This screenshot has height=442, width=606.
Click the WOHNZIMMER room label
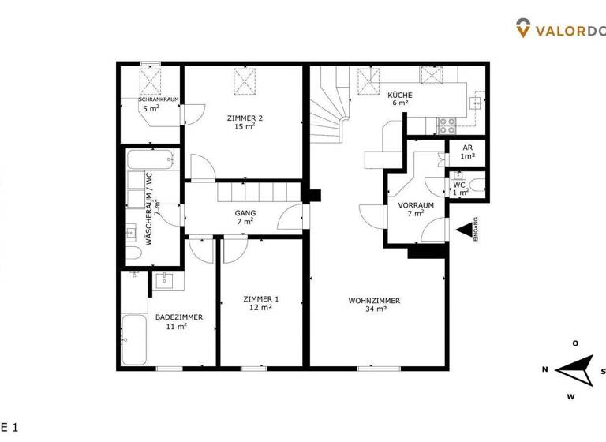(x=374, y=301)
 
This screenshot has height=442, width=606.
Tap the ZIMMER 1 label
(x=260, y=299)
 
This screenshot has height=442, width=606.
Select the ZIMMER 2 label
(x=244, y=118)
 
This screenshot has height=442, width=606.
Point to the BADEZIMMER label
(x=179, y=317)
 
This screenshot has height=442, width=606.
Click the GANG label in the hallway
(x=245, y=213)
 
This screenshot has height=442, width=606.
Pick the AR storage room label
(x=467, y=148)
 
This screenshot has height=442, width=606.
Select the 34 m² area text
(x=376, y=309)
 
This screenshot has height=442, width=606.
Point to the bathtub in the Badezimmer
(x=134, y=339)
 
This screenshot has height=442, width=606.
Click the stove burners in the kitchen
(x=447, y=123)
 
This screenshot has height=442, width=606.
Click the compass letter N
(x=545, y=369)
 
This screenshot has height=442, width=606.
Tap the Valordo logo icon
(x=523, y=29)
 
